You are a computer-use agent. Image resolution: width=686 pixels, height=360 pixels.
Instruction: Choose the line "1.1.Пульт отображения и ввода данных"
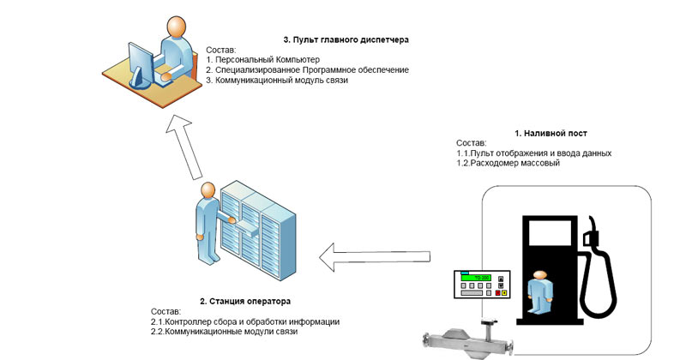click(533, 153)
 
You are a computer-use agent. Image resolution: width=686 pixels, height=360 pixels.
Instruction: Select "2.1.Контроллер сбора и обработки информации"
click(245, 321)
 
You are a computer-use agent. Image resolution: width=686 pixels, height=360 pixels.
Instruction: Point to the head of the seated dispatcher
click(177, 27)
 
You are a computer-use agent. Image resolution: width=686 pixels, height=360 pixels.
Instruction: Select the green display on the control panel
click(474, 278)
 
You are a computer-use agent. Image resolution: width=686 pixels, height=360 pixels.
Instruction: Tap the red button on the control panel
click(496, 293)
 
